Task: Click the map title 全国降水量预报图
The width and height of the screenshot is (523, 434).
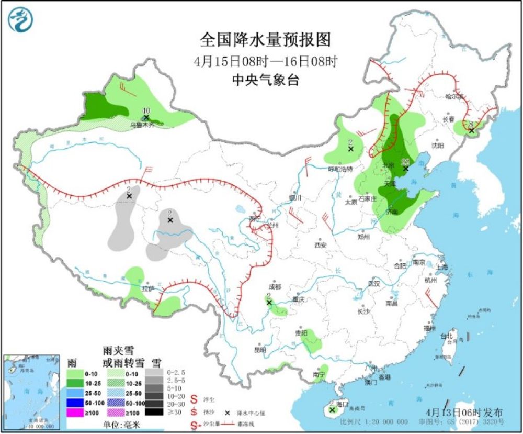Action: coord(266,40)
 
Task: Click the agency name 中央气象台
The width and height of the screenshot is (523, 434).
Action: coord(266,80)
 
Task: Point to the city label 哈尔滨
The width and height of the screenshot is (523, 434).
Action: coord(454,96)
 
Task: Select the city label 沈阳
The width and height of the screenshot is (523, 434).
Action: coord(437,145)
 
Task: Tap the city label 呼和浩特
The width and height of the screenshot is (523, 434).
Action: coord(340,169)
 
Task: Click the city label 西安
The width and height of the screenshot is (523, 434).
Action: coord(320,245)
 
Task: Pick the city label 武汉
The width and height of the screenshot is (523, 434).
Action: coord(373,283)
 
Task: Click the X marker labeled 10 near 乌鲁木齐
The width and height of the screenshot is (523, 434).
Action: coord(146,117)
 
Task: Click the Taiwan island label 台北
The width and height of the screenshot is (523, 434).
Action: coord(446,336)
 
